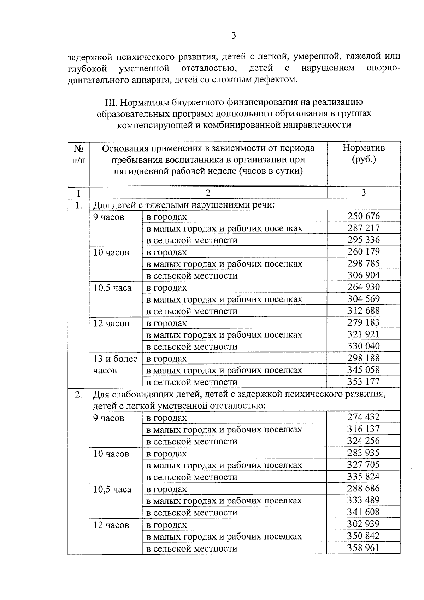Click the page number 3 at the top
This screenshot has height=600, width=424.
[x=233, y=35]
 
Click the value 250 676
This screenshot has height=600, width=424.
[x=363, y=216]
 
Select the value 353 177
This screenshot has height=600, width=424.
[x=363, y=381]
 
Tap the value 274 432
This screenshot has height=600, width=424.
[x=363, y=417]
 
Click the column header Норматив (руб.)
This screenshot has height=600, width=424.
[x=364, y=153]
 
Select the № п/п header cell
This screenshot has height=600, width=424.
[x=78, y=154]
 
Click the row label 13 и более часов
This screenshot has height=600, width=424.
[x=115, y=365]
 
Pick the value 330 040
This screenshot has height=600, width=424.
[x=363, y=346]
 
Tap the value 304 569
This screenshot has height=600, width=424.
[x=363, y=299]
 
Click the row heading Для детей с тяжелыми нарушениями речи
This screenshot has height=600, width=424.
[x=184, y=205]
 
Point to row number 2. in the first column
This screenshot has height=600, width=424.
[x=78, y=394]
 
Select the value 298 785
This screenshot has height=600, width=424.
[x=363, y=263]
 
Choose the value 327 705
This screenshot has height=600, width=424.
[x=363, y=465]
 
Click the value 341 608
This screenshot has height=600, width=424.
[x=363, y=512]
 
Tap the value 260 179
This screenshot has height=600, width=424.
[x=363, y=252]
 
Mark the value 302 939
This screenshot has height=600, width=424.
[x=363, y=524]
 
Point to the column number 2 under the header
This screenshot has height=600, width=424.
[x=208, y=193]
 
